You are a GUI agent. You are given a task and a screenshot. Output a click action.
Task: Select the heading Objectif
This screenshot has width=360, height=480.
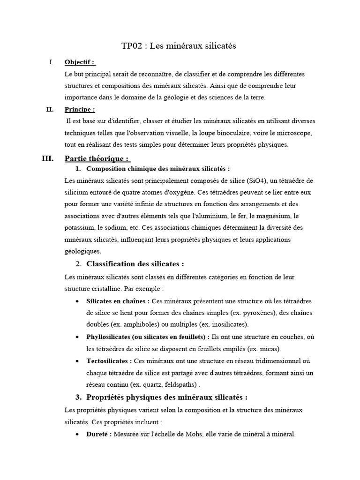click(x=79, y=62)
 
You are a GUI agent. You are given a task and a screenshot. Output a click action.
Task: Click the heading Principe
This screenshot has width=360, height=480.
click(x=80, y=110)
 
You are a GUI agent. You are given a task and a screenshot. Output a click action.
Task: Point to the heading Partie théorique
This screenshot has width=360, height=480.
click(x=97, y=158)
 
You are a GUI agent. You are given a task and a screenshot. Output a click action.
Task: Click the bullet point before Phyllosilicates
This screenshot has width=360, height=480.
click(x=76, y=337)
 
